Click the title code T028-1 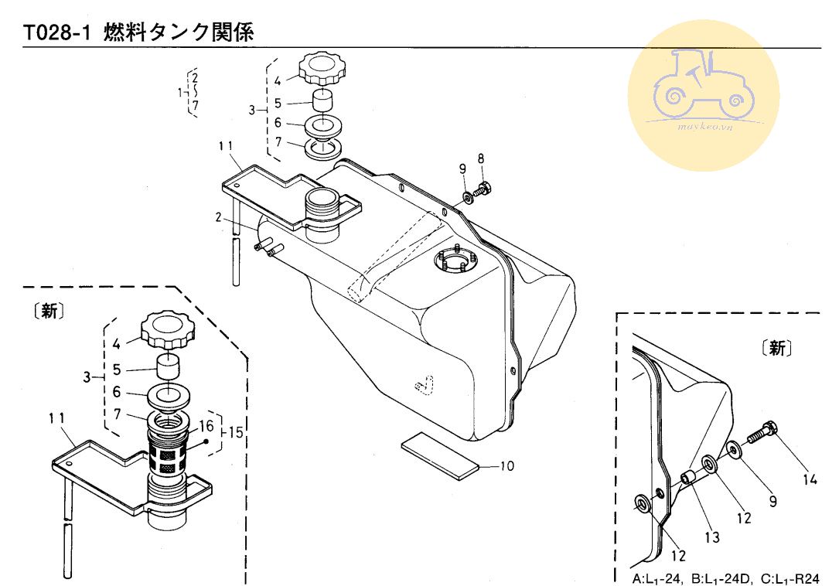[56, 33]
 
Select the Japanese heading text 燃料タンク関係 [178, 32]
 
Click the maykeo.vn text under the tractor [705, 127]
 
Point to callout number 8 [481, 158]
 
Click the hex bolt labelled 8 [483, 189]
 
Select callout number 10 [506, 466]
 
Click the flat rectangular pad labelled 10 [439, 456]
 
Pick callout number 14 [810, 479]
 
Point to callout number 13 [712, 537]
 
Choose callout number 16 [206, 426]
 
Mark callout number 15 [236, 432]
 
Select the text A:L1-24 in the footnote [657, 579]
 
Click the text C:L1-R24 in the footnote [790, 579]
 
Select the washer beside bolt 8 [467, 198]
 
